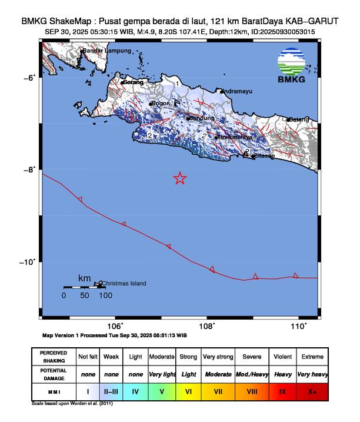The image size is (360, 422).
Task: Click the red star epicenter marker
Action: [x=180, y=178]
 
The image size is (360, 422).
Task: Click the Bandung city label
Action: [x=202, y=118]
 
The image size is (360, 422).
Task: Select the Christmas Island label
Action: [x=124, y=284]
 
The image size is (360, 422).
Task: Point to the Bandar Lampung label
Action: [x=107, y=51]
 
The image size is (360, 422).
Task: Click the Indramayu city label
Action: [x=238, y=91]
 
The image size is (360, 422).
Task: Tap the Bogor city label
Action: [x=161, y=104]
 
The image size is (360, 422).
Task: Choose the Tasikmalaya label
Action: [x=235, y=137]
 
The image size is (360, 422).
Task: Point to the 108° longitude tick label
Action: [x=206, y=325]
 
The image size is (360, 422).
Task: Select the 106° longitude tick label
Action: [x=115, y=325]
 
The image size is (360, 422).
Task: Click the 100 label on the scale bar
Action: [x=105, y=295]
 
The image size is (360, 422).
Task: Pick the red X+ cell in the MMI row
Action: [x=312, y=391]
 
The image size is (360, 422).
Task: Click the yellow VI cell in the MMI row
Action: [x=188, y=391]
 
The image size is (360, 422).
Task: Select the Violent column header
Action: [x=282, y=357]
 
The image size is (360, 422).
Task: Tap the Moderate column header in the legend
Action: [x=162, y=357]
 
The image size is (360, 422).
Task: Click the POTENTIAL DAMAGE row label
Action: [x=54, y=374]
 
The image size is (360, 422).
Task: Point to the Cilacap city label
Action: [x=263, y=156]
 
